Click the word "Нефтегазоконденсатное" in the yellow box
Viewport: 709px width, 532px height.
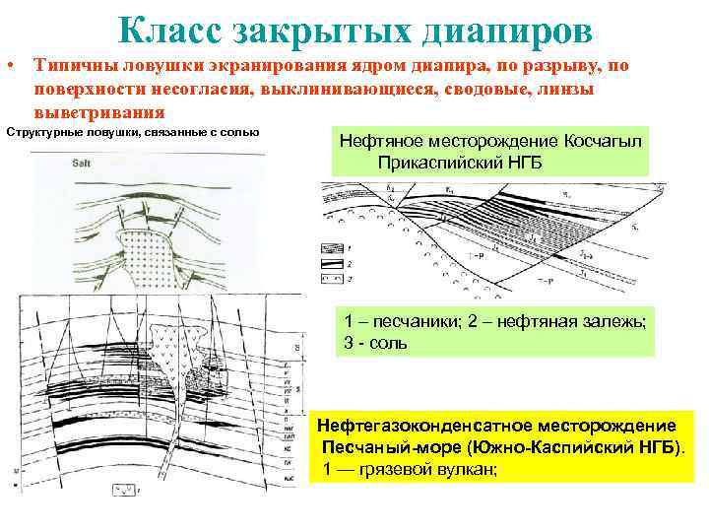point(408,427)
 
